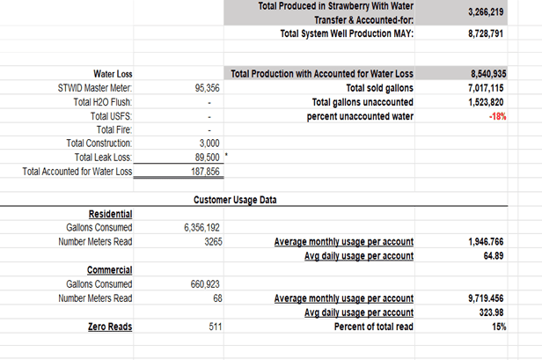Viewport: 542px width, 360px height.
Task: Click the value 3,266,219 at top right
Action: (484, 12)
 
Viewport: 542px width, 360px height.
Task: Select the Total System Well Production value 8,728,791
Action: (484, 33)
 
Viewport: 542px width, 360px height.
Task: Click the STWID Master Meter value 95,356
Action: (206, 88)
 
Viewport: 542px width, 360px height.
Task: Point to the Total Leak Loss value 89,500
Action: (205, 156)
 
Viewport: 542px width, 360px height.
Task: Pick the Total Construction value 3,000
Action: (209, 143)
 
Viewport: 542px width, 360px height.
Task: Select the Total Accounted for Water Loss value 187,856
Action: (205, 171)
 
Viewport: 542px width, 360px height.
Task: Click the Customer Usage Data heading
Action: (234, 200)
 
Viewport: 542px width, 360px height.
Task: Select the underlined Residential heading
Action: (110, 214)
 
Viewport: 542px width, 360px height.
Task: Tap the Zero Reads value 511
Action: (212, 327)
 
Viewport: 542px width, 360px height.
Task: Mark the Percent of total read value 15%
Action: (498, 327)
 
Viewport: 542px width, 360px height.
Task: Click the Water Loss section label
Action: (113, 75)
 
